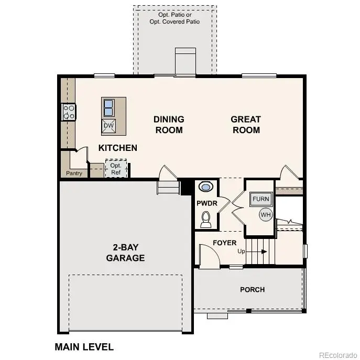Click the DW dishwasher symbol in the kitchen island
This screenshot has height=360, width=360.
(108, 125)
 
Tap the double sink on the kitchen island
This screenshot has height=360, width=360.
(108, 107)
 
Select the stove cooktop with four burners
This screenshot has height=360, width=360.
(69, 112)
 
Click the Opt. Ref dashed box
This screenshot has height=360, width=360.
(115, 169)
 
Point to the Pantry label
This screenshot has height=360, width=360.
(74, 173)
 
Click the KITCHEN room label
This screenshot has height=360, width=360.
(118, 148)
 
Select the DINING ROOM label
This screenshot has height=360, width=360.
(169, 125)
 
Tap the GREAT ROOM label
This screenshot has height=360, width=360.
(246, 125)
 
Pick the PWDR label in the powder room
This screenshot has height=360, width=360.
(207, 203)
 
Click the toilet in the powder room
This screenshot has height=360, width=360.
(206, 219)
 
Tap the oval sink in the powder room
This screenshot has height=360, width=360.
(206, 187)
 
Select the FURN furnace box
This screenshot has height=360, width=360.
(261, 199)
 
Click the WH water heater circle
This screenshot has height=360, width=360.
(266, 214)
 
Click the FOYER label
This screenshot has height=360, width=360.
(224, 243)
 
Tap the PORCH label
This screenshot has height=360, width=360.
(253, 289)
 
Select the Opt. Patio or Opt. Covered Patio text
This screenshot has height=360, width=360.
(174, 17)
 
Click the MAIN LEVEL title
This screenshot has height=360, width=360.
(84, 347)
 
